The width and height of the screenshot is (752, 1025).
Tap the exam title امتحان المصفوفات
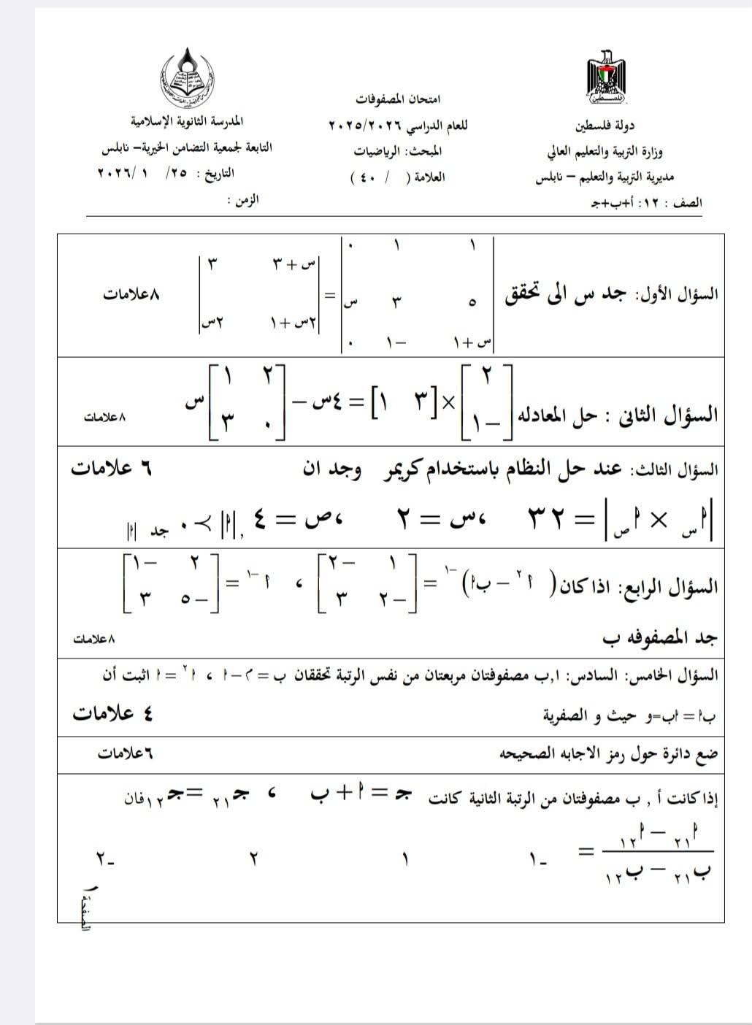pos(399,99)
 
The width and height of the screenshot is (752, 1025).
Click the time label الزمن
pos(245,199)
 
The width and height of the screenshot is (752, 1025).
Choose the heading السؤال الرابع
pos(680,586)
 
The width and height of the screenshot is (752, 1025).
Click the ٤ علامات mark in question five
pos(112,713)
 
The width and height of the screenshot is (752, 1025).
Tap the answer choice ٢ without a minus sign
pos(254,859)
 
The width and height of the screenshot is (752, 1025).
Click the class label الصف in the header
pos(689,202)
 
